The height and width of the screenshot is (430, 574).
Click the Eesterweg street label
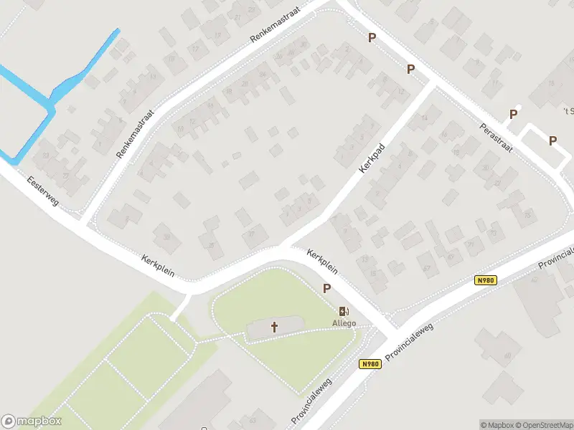44,192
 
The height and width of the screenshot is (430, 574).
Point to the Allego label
344,323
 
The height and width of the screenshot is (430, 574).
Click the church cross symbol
274,328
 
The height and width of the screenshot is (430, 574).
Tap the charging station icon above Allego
344,311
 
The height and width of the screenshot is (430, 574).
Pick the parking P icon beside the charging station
327,288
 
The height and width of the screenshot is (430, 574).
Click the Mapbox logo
32,421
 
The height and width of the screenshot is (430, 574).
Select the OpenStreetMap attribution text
545,424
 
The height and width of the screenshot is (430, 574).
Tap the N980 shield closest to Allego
370,364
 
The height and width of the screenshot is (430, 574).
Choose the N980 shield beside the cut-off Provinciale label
486,281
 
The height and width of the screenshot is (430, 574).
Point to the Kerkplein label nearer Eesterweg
159,266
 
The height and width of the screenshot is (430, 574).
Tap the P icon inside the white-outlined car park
552,140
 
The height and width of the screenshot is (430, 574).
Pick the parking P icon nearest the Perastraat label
513,114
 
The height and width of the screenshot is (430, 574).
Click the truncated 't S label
569,111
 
